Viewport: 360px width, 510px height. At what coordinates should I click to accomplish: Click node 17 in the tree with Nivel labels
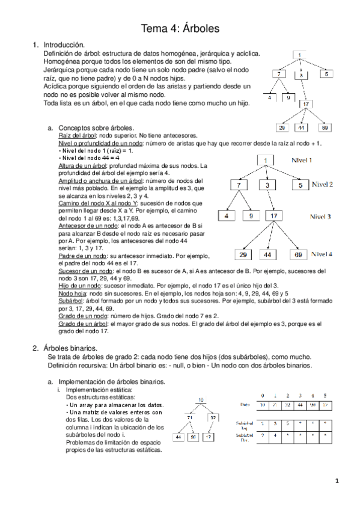pos(273,215)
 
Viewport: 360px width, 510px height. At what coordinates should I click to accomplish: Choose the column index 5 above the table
pos(325,395)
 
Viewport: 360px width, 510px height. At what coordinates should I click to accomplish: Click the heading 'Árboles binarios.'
pos(72,348)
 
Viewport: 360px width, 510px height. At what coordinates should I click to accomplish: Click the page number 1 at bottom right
pos(338,481)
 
